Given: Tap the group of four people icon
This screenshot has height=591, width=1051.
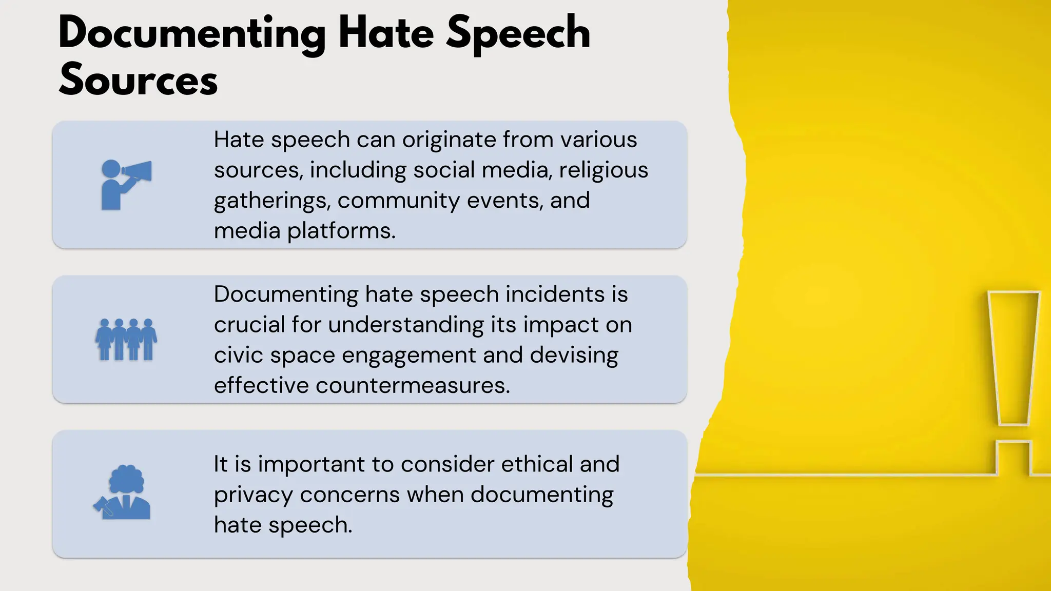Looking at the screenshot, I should tap(126, 340).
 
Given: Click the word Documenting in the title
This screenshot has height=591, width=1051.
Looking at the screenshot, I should tap(192, 33).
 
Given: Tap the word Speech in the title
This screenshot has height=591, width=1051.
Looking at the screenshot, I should tap(518, 33).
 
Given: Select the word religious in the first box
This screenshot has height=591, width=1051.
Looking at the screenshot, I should tap(604, 170).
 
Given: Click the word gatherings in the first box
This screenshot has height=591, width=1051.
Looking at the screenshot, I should tap(271, 201).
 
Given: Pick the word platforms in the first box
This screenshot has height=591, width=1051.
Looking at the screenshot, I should tap(341, 231).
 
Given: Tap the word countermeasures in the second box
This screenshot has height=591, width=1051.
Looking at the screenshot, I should tap(413, 385).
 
